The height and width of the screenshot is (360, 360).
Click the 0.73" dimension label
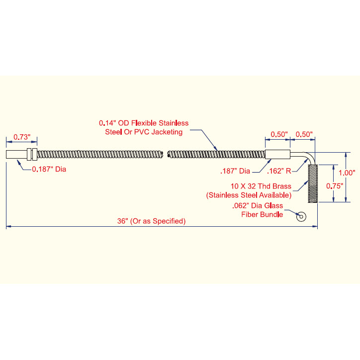pyautogui.click(x=22, y=137)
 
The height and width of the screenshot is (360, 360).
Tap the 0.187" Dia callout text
pyautogui.click(x=49, y=169)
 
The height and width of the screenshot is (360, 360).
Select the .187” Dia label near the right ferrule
pyautogui.click(x=235, y=171)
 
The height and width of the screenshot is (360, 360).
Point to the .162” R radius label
pyautogui.click(x=279, y=171)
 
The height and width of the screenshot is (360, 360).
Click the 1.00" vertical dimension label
pyautogui.click(x=347, y=173)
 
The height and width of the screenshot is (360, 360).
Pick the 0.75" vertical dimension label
pyautogui.click(x=335, y=186)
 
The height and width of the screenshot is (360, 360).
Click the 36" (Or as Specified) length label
pyautogui.click(x=151, y=221)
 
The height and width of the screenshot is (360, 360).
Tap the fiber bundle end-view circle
pyautogui.click(x=301, y=217)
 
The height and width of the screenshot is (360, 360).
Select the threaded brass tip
pyautogui.click(x=313, y=183)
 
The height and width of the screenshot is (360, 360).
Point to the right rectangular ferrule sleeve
pyautogui.click(x=277, y=154)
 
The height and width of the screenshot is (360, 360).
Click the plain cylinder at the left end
pyautogui.click(x=16, y=154)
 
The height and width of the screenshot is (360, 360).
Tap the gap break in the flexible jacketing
pyautogui.click(x=165, y=154)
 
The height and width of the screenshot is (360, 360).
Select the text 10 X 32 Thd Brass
pyautogui.click(x=261, y=186)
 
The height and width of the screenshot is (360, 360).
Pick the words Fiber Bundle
pyautogui.click(x=262, y=215)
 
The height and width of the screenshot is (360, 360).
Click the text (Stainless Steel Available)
pyautogui.click(x=249, y=195)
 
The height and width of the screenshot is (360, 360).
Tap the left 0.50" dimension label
pyautogui.click(x=279, y=134)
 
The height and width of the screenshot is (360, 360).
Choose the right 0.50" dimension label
pyautogui.click(x=304, y=134)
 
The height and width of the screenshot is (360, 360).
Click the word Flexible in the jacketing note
pyautogui.click(x=144, y=123)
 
